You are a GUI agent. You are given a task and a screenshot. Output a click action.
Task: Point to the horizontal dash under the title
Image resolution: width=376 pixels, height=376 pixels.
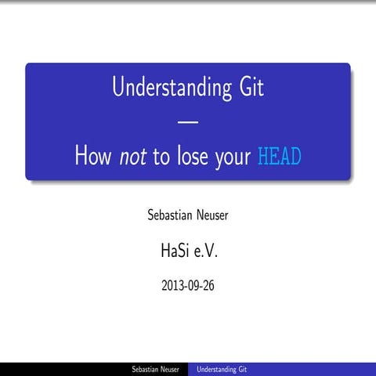tap(188, 122)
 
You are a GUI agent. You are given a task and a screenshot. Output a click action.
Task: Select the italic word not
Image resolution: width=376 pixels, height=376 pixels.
tap(133, 157)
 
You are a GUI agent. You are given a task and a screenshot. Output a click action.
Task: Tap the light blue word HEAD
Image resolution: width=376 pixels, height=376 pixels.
tap(280, 157)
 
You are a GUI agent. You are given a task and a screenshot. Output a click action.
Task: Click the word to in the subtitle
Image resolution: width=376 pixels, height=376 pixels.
tap(161, 157)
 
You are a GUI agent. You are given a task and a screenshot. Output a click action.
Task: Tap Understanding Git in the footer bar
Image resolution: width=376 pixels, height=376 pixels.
tap(222, 368)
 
